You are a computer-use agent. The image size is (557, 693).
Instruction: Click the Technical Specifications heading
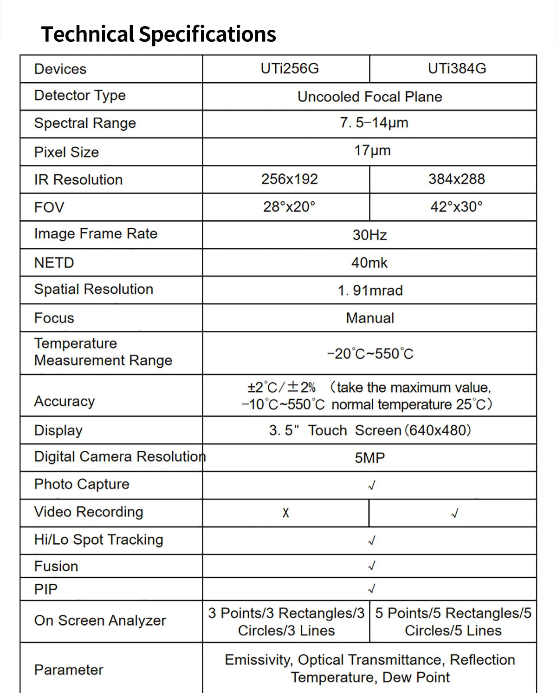tap(159, 34)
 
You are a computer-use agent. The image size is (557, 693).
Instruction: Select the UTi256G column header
tap(290, 69)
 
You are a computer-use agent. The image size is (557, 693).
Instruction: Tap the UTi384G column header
tap(457, 69)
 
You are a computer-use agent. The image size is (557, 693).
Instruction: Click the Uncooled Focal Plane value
tap(369, 97)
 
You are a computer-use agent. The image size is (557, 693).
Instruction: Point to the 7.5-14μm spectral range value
tap(374, 123)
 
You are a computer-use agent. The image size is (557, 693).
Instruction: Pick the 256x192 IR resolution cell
tap(290, 179)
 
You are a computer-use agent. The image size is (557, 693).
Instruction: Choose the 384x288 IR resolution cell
tap(456, 179)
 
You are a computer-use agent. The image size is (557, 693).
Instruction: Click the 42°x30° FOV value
tap(456, 207)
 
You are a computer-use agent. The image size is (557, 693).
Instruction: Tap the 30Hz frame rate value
tap(369, 235)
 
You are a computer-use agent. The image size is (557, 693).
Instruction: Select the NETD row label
tap(54, 263)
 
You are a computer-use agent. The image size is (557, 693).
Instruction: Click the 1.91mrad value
tap(370, 290)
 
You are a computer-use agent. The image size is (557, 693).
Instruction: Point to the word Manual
tap(370, 318)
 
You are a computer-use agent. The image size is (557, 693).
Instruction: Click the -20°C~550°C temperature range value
tap(370, 354)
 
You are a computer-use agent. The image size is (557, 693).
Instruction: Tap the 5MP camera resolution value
tap(370, 458)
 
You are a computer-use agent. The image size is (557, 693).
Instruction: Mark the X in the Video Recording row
tap(285, 513)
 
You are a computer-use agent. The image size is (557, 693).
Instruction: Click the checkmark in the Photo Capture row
tap(371, 486)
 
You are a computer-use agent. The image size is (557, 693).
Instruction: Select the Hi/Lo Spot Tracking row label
tap(99, 540)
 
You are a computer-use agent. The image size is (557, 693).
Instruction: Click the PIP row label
tap(46, 589)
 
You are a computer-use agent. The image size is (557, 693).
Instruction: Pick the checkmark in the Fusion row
tap(371, 566)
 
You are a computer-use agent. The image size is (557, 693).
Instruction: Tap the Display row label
tap(58, 430)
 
